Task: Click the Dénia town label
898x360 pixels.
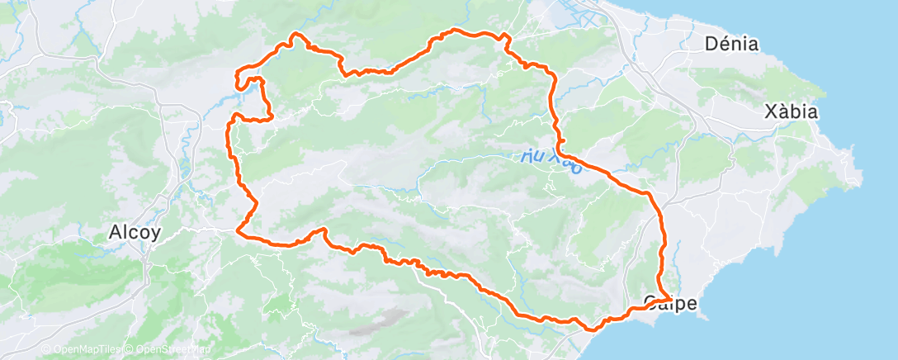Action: [x=731, y=45]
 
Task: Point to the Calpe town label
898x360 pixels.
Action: [x=670, y=303]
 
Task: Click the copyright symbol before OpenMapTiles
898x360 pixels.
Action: [x=46, y=349]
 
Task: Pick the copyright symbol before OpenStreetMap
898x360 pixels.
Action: [x=131, y=349]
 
